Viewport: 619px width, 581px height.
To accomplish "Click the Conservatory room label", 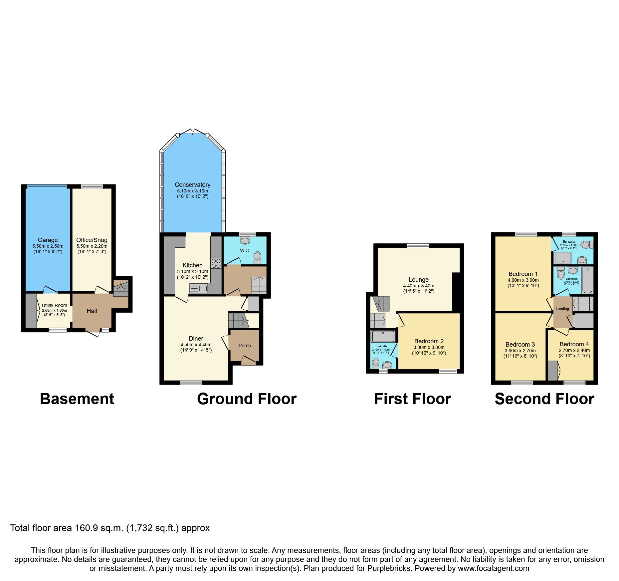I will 192,185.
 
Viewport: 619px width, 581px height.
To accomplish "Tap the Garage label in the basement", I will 48,240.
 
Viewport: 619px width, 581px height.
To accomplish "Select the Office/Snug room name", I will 92,240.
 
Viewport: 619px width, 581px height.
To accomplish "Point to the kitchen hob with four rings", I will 216,263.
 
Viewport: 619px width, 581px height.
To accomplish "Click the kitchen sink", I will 199,288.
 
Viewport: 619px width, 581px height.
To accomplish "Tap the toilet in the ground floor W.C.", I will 257,257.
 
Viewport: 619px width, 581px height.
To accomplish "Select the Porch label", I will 245,346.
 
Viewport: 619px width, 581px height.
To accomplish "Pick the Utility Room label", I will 54,305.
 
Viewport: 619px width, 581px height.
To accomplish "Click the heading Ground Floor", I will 247,399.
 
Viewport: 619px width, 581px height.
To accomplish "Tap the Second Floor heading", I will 544,399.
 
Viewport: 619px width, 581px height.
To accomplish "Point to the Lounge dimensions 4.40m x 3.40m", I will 419,286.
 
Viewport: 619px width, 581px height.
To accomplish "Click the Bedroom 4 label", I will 574,344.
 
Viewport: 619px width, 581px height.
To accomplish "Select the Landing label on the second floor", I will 562,309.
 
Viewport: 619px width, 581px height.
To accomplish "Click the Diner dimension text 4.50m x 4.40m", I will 196,345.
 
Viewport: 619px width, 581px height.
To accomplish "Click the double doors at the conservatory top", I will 193,132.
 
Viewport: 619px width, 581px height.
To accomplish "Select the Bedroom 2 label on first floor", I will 429,341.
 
